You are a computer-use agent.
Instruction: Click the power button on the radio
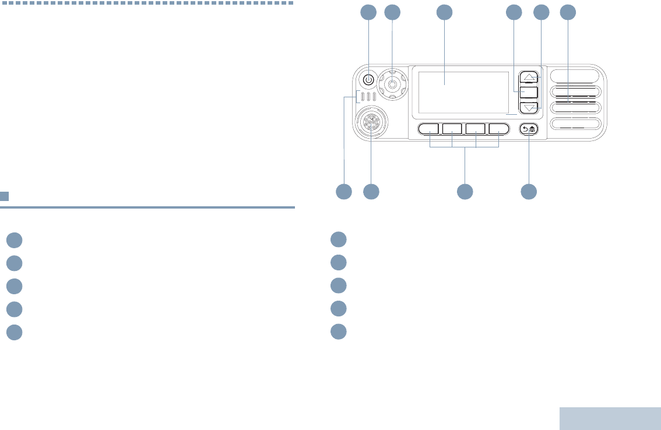pyautogui.click(x=368, y=80)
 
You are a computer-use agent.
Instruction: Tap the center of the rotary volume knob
pyautogui.click(x=392, y=84)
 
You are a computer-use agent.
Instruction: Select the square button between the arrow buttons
pyautogui.click(x=529, y=92)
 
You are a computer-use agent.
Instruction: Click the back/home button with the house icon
pyautogui.click(x=529, y=129)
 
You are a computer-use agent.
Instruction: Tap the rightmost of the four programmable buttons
pyautogui.click(x=499, y=129)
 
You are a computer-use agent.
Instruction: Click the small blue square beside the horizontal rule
pyautogui.click(x=4, y=196)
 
